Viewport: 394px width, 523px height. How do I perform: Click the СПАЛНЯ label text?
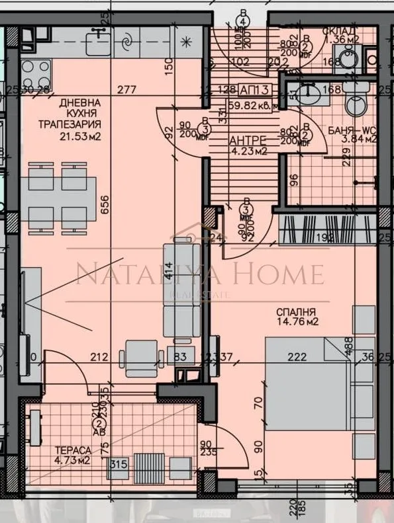tap(297, 312)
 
